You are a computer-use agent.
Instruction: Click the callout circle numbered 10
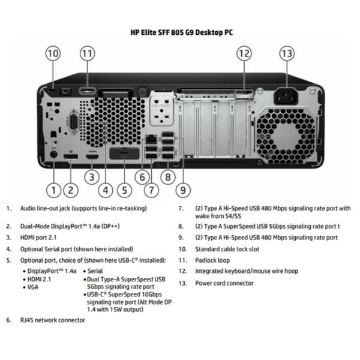click(53, 53)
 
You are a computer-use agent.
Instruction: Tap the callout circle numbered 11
click(88, 53)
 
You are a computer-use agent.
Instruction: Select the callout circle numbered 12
click(244, 53)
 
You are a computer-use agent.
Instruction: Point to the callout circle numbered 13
click(287, 53)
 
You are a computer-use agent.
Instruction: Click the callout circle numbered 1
click(54, 190)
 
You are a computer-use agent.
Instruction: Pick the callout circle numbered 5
click(124, 190)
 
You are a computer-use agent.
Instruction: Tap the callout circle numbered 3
click(91, 177)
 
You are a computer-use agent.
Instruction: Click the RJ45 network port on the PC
click(148, 140)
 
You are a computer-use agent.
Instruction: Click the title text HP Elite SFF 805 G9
click(181, 32)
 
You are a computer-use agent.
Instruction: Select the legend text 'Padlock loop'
click(212, 260)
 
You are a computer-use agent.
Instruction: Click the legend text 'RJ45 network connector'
click(53, 320)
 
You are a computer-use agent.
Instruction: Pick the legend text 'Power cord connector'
click(224, 283)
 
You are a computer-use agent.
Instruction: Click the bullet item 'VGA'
click(33, 287)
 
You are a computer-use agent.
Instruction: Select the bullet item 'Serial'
click(95, 271)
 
